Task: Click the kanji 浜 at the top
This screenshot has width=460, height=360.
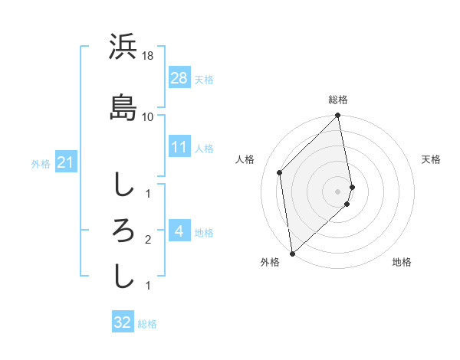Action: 123,47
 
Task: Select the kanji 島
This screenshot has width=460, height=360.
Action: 123,106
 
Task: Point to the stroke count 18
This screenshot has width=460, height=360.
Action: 148,57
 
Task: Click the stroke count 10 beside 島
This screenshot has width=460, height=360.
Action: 148,116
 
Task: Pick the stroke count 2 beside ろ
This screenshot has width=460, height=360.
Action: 148,240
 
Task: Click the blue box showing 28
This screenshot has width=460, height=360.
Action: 179,78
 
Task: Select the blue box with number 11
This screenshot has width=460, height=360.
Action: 179,147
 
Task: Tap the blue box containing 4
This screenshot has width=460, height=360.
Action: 179,231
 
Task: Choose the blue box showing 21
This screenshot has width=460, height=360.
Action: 65,162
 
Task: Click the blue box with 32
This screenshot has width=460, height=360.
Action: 123,322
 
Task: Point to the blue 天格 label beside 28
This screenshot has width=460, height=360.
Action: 204,79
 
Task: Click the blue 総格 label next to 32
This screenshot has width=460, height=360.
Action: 147,323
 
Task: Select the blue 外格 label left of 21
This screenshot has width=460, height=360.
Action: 41,163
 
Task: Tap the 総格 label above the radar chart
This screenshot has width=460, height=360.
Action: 338,100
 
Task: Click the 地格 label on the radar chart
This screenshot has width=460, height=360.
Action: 402,262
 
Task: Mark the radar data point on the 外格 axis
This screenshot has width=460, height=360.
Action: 292,254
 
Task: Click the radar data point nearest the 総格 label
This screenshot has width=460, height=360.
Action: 338,116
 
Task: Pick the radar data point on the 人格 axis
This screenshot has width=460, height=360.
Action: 280,172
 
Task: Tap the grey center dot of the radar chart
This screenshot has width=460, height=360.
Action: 338,191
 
